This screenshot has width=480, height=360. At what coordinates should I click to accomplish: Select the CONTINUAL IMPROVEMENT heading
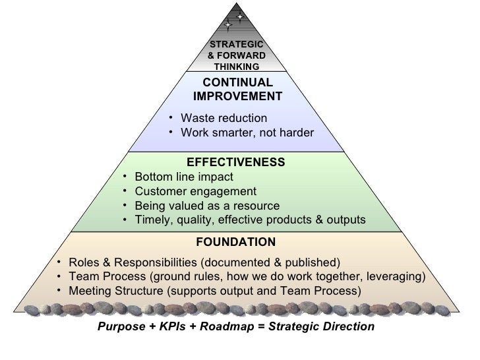coord(237,90)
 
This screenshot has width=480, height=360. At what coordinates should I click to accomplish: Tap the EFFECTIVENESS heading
coord(236,162)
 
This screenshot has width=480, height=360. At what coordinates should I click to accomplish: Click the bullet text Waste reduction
coord(224,118)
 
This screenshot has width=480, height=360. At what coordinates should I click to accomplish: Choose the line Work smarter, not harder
coord(247,133)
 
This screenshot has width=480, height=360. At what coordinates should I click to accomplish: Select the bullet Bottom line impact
coord(183,177)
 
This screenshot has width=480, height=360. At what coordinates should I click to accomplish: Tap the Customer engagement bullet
coord(195,192)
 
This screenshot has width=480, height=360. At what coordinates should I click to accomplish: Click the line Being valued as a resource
coord(206,206)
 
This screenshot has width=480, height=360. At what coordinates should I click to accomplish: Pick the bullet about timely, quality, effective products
coord(249,220)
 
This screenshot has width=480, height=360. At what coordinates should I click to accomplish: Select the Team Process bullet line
coord(247,276)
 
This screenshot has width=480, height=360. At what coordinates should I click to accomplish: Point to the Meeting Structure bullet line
coord(215,291)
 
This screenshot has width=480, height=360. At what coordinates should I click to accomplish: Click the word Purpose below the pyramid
coord(121,327)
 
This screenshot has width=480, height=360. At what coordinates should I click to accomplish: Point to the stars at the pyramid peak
coord(233,21)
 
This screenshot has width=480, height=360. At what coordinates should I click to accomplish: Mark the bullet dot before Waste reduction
coord(170,118)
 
